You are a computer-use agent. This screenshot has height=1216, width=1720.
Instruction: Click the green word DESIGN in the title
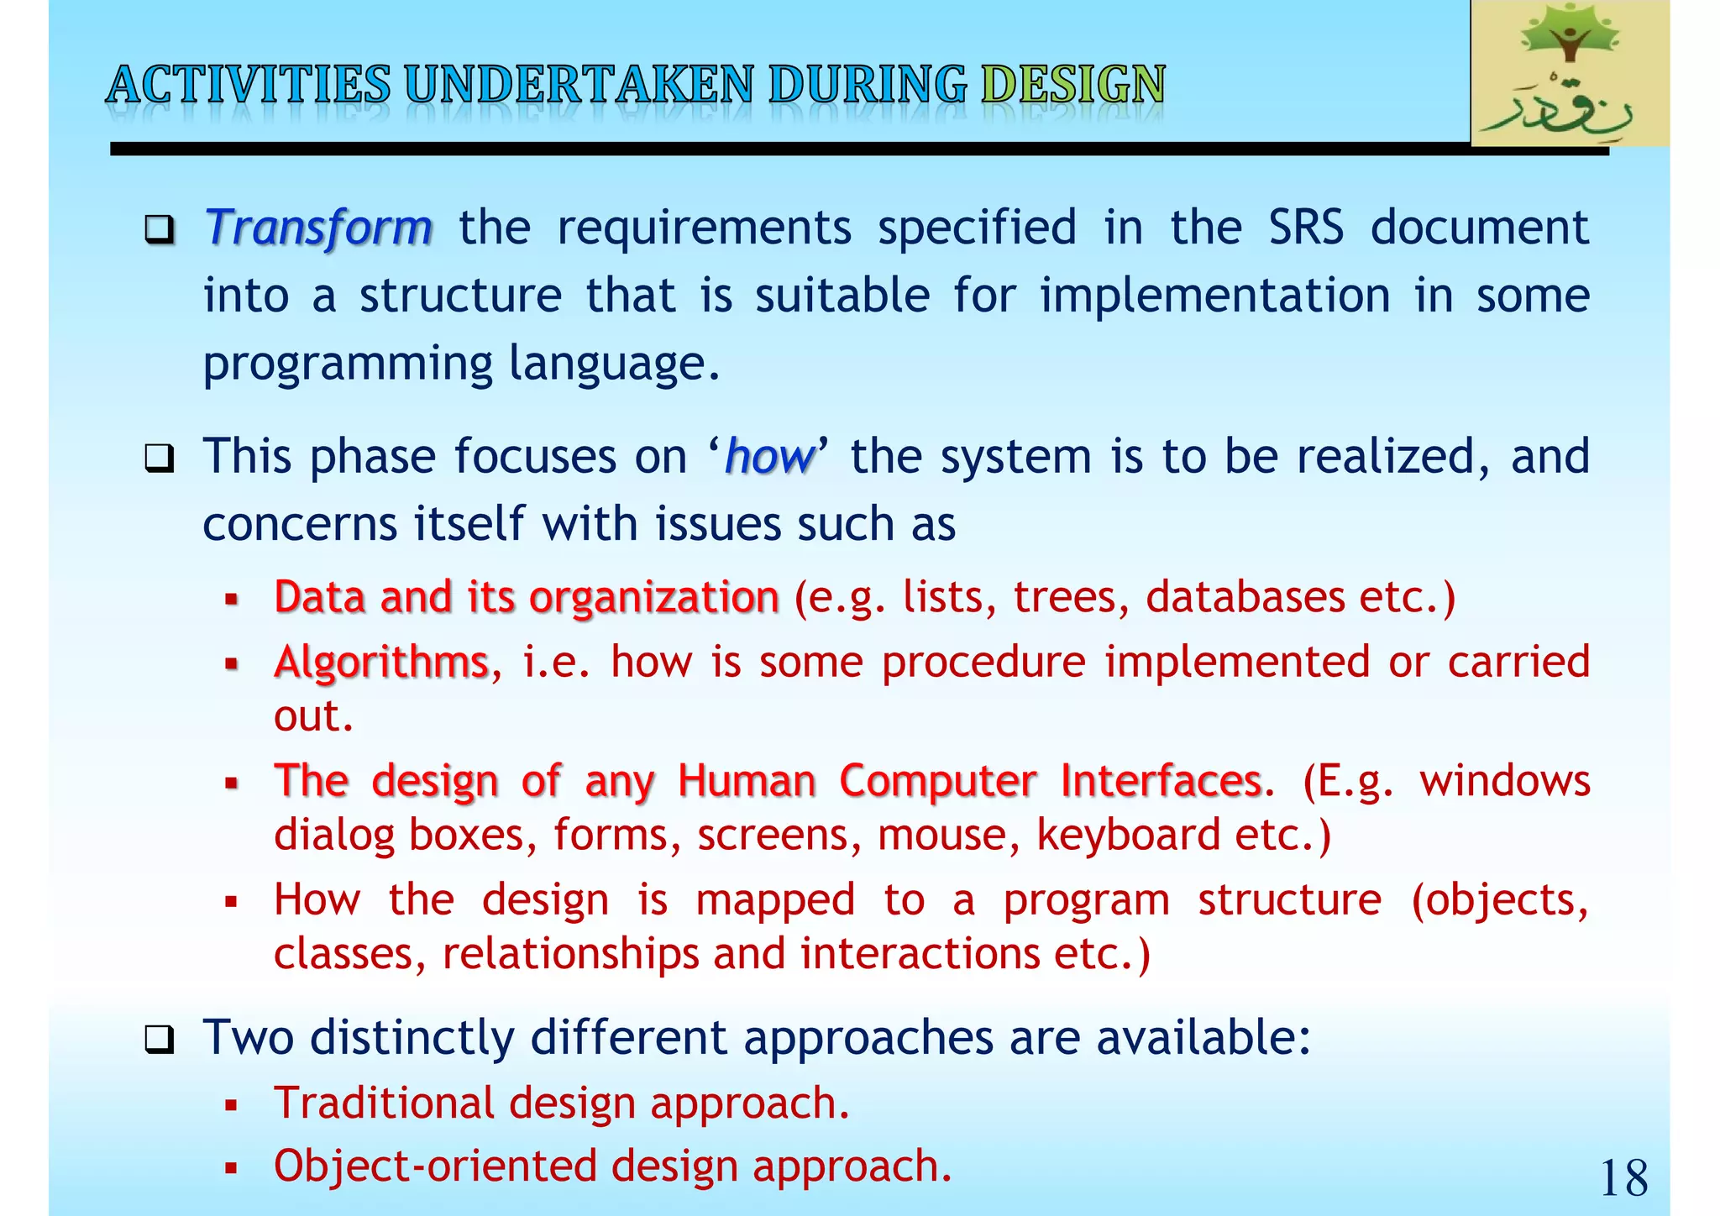tap(1072, 85)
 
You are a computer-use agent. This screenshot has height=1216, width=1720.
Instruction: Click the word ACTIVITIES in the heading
tap(249, 85)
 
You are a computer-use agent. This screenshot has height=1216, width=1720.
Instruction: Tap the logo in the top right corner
tap(1569, 74)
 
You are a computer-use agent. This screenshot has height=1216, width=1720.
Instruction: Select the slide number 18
tap(1623, 1178)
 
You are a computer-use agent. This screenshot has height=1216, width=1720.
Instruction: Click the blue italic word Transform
tap(318, 228)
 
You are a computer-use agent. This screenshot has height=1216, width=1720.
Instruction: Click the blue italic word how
tap(769, 457)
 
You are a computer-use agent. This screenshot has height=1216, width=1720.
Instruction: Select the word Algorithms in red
tap(381, 662)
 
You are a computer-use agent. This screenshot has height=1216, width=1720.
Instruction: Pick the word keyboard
tap(1129, 835)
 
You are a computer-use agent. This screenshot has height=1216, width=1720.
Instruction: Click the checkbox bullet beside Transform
tap(159, 228)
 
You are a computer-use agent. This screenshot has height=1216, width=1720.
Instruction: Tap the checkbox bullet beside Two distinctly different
tap(159, 1040)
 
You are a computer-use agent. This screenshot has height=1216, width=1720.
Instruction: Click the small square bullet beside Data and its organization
tap(232, 600)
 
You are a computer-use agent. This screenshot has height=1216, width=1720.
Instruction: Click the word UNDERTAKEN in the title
tap(579, 85)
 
